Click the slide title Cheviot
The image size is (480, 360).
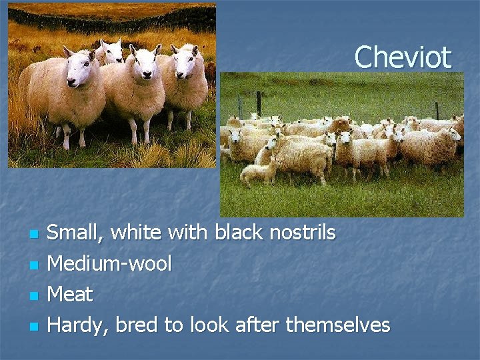pos(403,57)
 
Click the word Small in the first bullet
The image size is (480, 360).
pos(75,233)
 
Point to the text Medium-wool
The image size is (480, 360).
pos(109,264)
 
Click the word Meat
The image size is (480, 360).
pos(70,294)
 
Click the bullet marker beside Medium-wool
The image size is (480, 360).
pos(33,265)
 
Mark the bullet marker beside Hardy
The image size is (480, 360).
pos(33,327)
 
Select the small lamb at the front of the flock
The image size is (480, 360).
pos(259,173)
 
